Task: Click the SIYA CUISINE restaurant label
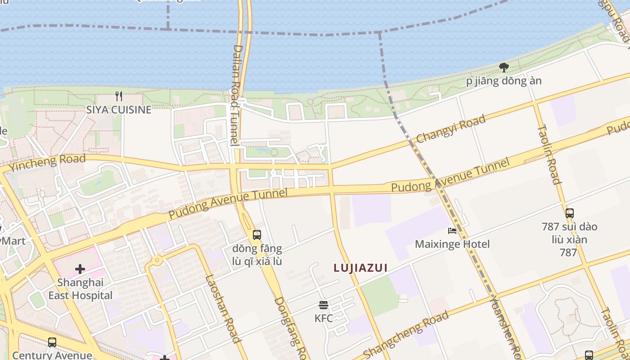[119, 109]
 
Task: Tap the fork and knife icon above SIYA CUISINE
[119, 96]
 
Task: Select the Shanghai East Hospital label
[81, 289]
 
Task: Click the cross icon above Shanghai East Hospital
[80, 269]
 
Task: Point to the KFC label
[324, 319]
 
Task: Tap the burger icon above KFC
[323, 305]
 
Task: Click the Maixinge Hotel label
[452, 244]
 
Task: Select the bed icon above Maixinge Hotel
[452, 231]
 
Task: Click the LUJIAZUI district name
[360, 268]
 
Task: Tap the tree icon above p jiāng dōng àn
[504, 67]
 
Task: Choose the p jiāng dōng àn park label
[504, 81]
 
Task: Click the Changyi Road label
[451, 129]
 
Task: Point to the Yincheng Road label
[47, 163]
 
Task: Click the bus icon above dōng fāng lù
[257, 234]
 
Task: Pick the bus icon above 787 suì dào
[569, 213]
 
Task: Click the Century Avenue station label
[52, 355]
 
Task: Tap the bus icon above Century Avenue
[52, 342]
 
